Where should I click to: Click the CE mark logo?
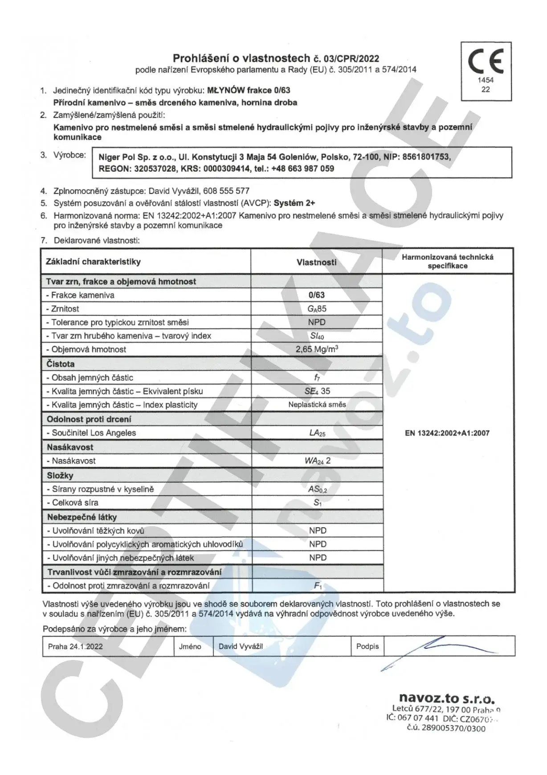point(486,61)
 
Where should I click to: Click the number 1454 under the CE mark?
point(486,80)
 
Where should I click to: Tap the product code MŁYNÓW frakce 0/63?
point(249,90)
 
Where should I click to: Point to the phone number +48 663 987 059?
point(302,169)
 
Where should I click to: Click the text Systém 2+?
point(294,203)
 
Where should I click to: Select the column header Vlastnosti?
point(316,262)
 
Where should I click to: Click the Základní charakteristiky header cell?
point(93,262)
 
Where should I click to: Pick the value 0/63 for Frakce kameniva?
point(317,295)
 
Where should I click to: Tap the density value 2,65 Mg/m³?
point(317,349)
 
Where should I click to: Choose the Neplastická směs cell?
point(317,405)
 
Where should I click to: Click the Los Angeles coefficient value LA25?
point(317,433)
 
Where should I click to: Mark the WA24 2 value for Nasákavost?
point(317,461)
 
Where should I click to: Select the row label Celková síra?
point(75,503)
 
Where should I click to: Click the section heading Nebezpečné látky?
point(82,517)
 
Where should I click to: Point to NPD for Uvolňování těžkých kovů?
point(318,531)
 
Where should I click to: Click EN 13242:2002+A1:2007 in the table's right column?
point(447,433)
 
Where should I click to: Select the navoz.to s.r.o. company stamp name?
point(446,698)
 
